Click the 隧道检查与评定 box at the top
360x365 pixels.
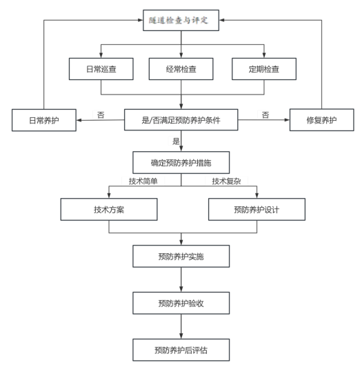(181, 20)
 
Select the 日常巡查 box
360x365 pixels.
(101, 69)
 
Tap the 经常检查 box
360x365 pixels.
(181, 69)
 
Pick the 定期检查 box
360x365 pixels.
(264, 69)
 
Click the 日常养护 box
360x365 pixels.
(44, 120)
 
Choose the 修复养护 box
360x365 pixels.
(321, 120)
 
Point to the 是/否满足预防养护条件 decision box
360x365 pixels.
(181, 120)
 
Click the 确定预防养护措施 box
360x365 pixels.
(181, 162)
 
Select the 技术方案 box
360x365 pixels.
(109, 209)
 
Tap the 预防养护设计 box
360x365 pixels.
(257, 209)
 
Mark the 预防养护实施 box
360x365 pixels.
(181, 256)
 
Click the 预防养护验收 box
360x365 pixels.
(181, 303)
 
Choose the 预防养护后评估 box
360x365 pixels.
(181, 350)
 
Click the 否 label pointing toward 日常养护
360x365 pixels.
(101, 115)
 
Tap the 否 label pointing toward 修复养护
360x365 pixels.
(266, 115)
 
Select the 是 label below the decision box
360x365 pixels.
(176, 141)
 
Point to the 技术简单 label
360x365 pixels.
(143, 181)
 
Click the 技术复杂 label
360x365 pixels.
(226, 181)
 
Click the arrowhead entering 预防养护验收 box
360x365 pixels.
(181, 289)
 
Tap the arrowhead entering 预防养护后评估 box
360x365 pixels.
(181, 336)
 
